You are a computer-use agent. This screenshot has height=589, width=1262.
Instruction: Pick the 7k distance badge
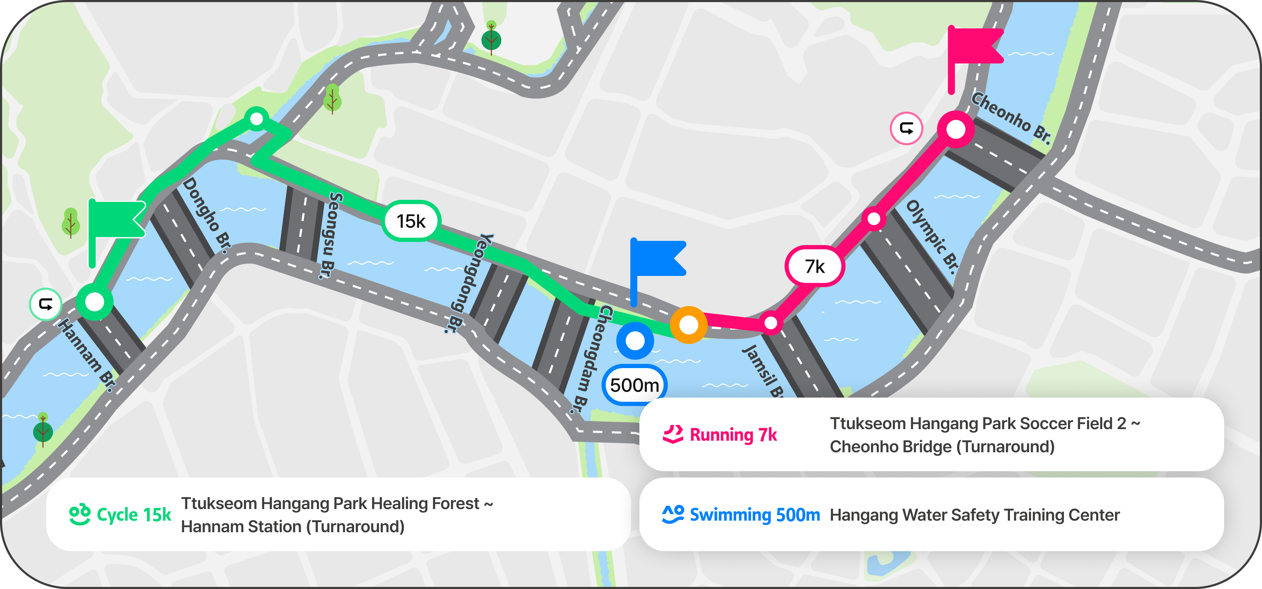(815, 266)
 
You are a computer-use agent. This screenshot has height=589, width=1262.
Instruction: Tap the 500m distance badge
(635, 385)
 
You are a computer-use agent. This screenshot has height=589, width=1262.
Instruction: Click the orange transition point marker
(688, 324)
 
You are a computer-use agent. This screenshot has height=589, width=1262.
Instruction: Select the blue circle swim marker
(635, 340)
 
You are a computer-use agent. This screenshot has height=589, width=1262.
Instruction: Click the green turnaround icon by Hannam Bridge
(46, 304)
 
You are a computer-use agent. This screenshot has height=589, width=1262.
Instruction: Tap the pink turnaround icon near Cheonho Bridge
(906, 128)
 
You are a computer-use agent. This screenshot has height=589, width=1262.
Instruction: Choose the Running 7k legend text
(733, 435)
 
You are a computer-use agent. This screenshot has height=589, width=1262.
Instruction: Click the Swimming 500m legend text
(754, 515)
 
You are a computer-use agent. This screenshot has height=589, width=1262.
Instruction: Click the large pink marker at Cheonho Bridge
(955, 129)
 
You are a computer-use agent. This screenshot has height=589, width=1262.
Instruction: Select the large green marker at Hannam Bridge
(95, 302)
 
